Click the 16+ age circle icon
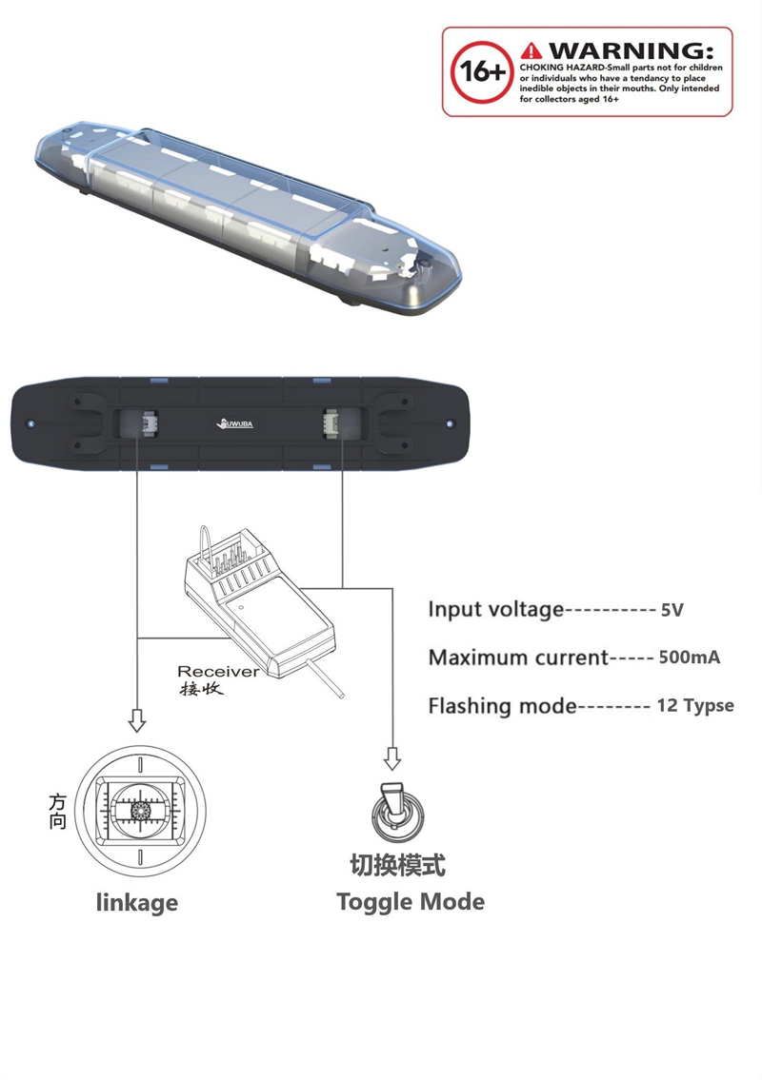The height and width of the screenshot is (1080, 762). tap(484, 71)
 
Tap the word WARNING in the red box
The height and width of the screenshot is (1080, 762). tap(630, 49)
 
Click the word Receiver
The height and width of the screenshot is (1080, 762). tap(218, 671)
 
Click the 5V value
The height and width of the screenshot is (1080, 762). tap(672, 610)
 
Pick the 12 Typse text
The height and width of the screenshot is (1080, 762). tap(695, 706)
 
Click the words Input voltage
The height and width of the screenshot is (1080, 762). tap(495, 609)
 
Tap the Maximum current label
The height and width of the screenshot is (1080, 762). tap(517, 658)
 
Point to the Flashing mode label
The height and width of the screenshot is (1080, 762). tap(502, 706)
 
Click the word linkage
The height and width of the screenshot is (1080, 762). tap(137, 902)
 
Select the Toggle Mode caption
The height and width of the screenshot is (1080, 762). tap(411, 901)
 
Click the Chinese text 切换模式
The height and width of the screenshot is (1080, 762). tap(397, 865)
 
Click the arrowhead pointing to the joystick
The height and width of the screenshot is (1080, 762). tap(137, 723)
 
